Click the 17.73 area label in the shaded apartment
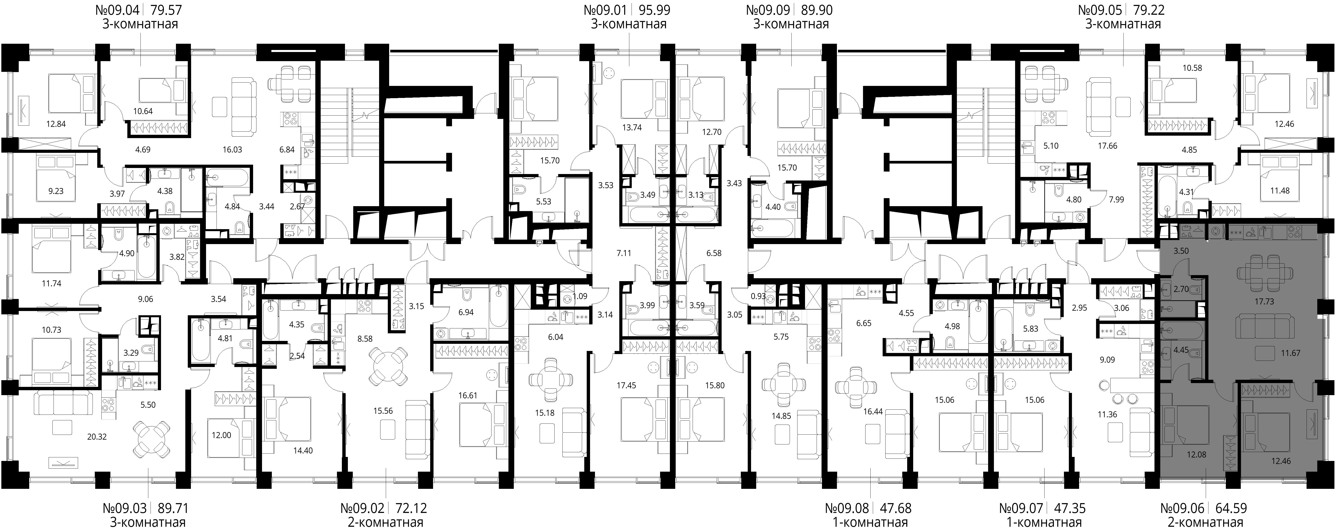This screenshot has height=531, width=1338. click(x=1264, y=301)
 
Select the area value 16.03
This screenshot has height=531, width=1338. click(x=232, y=150)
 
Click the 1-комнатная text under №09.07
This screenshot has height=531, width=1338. click(x=1044, y=522)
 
